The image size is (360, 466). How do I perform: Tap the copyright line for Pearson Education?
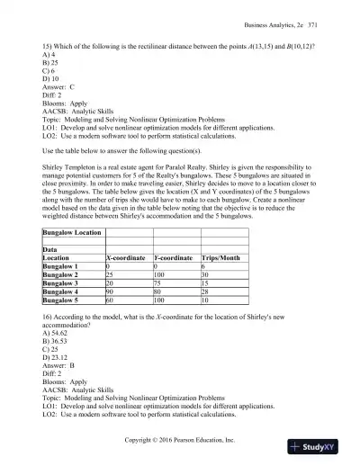click(x=179, y=441)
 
